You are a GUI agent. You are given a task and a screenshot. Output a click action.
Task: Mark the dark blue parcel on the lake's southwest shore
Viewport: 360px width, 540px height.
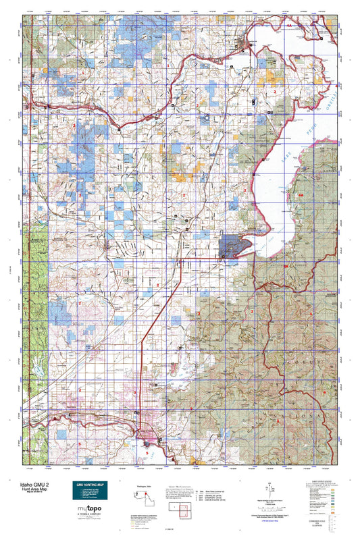click(x=233, y=246)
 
